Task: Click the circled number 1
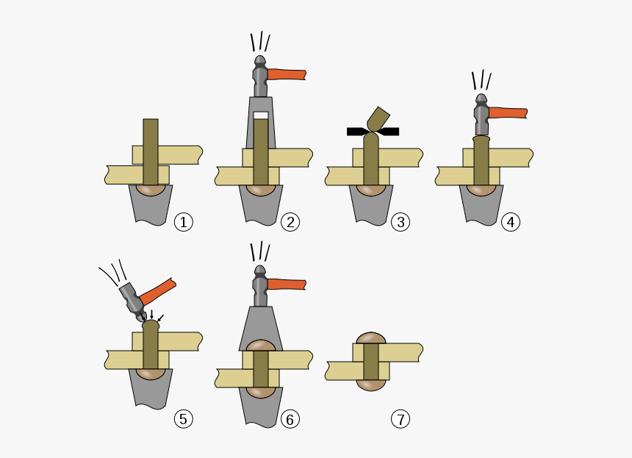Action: (x=184, y=222)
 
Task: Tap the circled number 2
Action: (x=290, y=222)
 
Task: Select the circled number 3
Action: (x=401, y=222)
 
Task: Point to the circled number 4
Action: (x=511, y=222)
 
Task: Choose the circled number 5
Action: (x=184, y=419)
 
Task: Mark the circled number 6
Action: (x=290, y=419)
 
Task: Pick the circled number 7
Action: (x=401, y=419)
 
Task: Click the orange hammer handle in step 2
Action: (x=287, y=74)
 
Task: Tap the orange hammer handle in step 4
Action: (x=508, y=113)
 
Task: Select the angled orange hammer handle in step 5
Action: (x=157, y=292)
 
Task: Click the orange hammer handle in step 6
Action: (x=287, y=285)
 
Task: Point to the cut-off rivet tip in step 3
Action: (x=378, y=119)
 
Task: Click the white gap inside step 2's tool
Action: (x=261, y=115)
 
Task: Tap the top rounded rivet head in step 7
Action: (x=371, y=338)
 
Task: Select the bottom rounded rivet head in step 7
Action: (x=371, y=385)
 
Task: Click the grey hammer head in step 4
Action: (x=481, y=115)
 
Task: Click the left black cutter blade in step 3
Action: (x=358, y=132)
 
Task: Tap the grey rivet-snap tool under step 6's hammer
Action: (x=261, y=326)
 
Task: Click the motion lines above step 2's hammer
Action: (x=260, y=41)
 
